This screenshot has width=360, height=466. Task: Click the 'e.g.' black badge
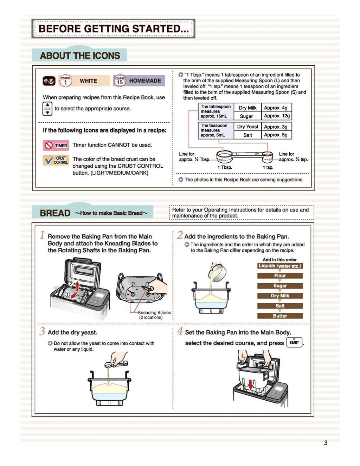point(49,80)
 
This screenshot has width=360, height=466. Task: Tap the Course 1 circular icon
point(65,81)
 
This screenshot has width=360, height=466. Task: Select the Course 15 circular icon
point(120,81)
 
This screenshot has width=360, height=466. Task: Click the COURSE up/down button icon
point(47,109)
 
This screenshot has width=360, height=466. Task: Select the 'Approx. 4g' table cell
point(276,108)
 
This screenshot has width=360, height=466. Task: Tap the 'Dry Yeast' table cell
point(247,127)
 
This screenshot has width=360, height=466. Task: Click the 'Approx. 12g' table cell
point(277,116)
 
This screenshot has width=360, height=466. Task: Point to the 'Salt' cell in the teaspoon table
point(247,135)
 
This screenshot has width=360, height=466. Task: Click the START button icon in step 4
point(294,342)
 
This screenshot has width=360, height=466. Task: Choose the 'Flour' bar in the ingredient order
point(280,276)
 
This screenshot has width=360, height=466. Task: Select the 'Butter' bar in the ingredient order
point(280,316)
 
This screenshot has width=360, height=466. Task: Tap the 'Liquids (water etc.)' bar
point(280,266)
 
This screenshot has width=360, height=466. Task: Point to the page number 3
point(326,443)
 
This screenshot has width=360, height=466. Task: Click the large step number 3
point(42,331)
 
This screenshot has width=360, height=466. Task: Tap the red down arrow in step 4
point(250,385)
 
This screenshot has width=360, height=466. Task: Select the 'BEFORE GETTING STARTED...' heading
point(113,28)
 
